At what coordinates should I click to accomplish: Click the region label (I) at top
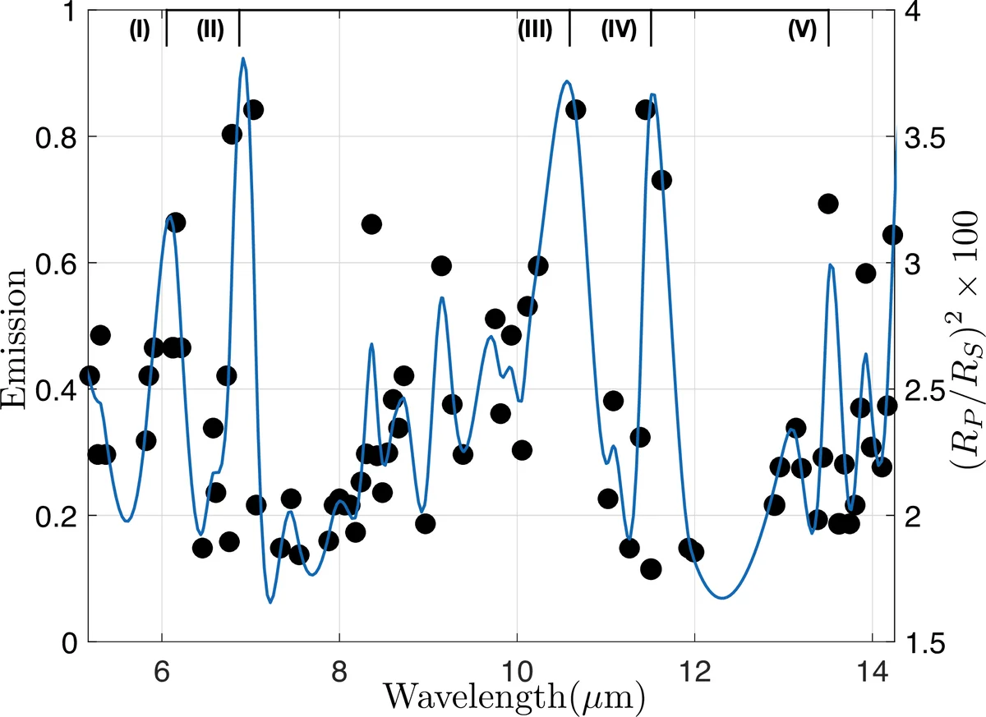click(x=139, y=30)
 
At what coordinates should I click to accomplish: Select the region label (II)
click(x=210, y=30)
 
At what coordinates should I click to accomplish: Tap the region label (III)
click(x=534, y=30)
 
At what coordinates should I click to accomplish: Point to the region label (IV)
click(x=619, y=30)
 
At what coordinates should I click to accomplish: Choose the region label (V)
click(x=801, y=30)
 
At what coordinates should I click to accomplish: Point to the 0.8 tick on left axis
click(x=51, y=136)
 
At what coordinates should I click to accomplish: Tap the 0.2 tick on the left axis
click(x=51, y=516)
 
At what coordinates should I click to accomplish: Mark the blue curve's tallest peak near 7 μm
click(x=243, y=58)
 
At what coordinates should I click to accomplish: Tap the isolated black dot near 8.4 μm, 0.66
click(x=371, y=224)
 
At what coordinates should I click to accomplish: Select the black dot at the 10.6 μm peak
click(x=575, y=109)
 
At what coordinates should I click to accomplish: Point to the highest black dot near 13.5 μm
click(x=828, y=203)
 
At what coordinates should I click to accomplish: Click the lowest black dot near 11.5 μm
click(x=651, y=569)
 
